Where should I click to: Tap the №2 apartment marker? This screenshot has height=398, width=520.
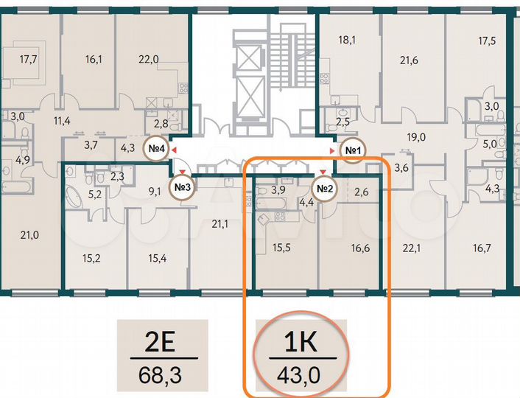click(326, 187)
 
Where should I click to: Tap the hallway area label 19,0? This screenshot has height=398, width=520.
click(416, 137)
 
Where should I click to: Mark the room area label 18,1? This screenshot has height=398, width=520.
click(347, 41)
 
